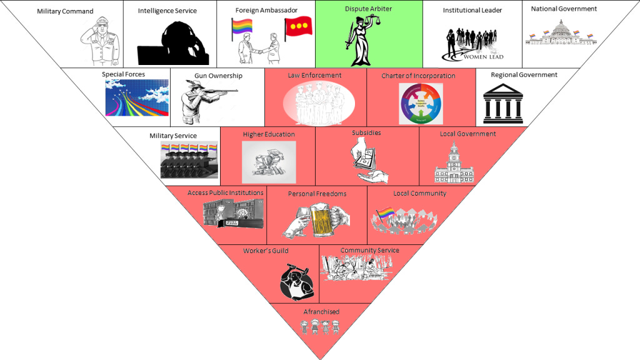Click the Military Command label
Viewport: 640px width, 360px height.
tap(65, 11)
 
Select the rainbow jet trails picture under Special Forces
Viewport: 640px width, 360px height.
tap(137, 98)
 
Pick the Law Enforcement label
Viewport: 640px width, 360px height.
tap(314, 76)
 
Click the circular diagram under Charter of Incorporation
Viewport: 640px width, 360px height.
tap(421, 104)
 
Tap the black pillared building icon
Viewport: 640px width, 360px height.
tap(502, 103)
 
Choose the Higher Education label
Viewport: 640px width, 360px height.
tap(269, 134)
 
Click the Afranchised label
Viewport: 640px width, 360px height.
tap(321, 312)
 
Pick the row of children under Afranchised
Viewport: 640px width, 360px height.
tap(320, 327)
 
